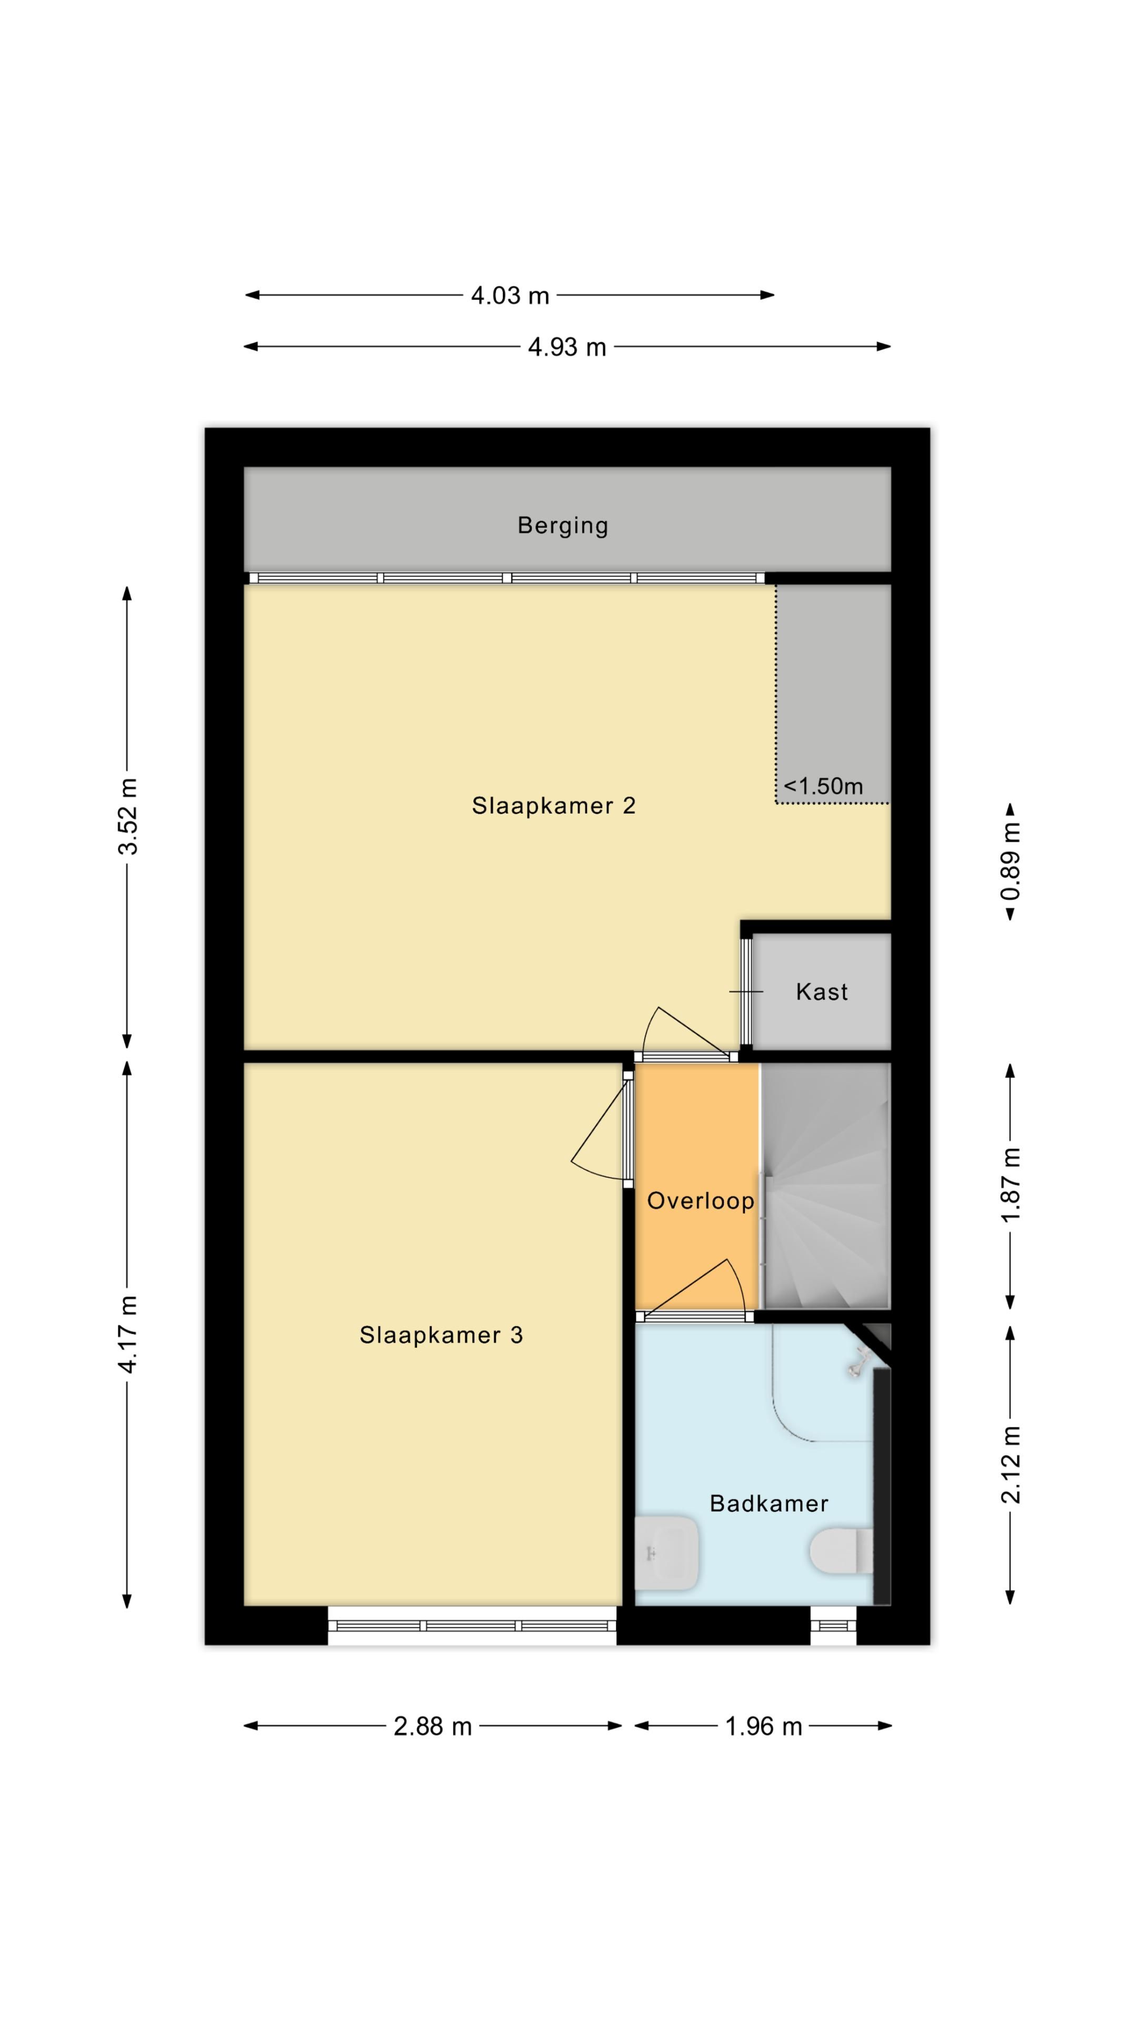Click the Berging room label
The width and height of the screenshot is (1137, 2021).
563,526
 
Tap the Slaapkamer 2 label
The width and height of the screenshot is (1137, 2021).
553,806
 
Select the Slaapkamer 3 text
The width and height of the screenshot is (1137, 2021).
441,1335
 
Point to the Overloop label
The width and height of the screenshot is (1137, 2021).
700,1200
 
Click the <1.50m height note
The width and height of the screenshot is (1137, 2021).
823,786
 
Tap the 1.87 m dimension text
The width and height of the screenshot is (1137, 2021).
1010,1185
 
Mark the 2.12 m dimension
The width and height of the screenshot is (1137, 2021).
1010,1464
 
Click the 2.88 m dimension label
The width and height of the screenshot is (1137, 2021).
432,1726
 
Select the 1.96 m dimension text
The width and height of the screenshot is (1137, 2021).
763,1726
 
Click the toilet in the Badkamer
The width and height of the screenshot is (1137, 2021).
841,1550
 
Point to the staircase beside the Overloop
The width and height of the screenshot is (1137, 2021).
825,1185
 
